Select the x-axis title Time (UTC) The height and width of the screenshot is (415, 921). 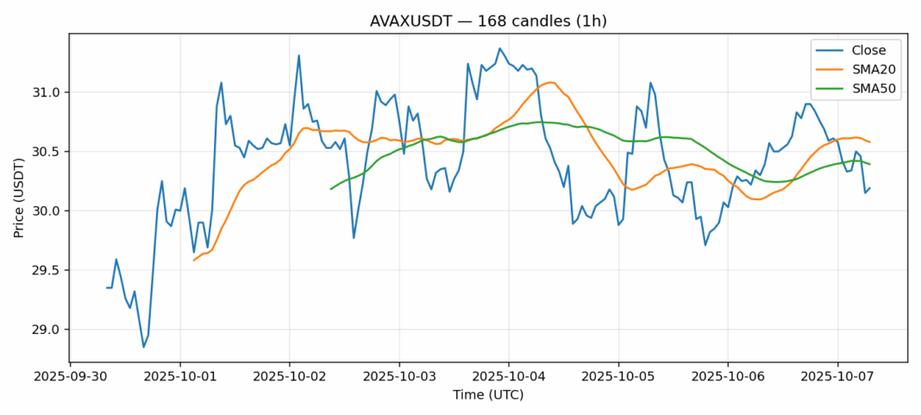487,395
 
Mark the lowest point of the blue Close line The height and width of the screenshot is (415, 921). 143,347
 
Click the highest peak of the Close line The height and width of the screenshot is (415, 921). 499,48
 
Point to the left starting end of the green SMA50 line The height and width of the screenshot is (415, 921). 331,189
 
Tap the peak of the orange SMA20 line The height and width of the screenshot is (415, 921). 552,82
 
